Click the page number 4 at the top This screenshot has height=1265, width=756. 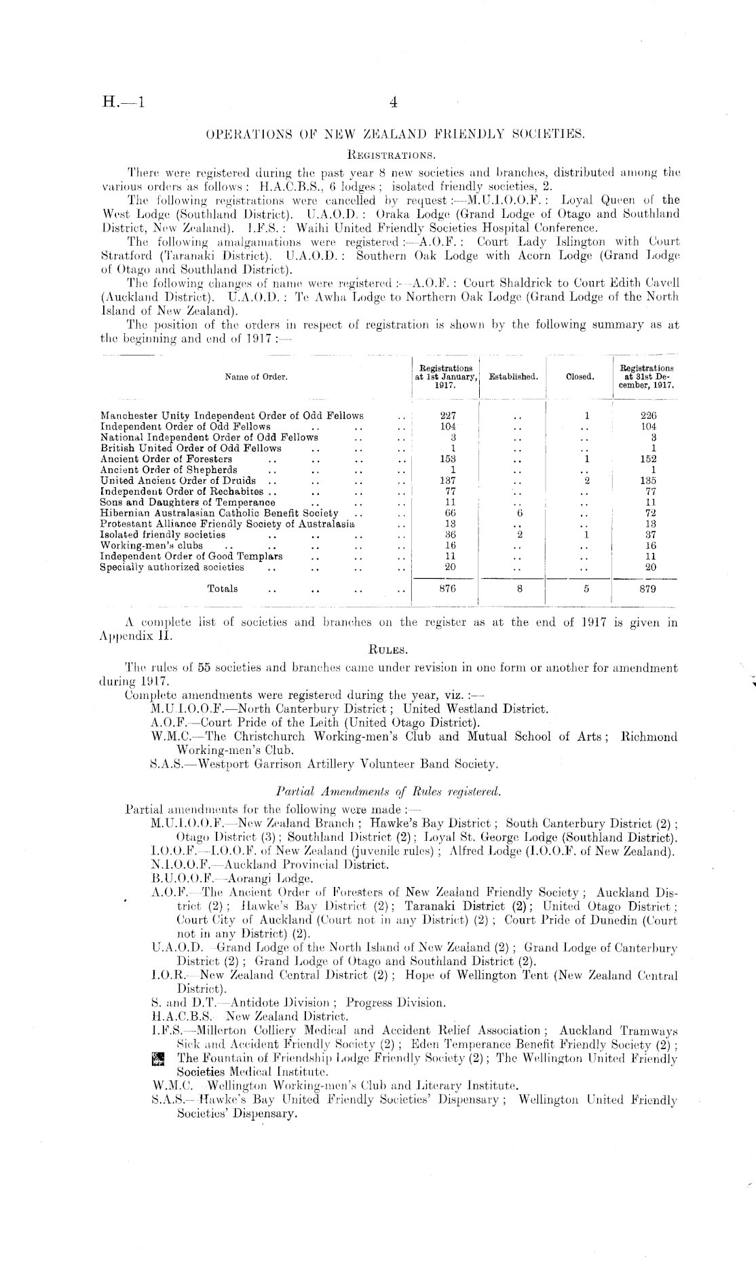pos(393,103)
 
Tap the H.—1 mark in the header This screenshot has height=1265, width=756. pos(123,103)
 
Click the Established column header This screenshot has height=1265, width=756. pos(513,376)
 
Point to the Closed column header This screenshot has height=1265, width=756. pos(580,376)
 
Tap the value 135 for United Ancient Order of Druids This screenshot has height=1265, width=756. pos(648,480)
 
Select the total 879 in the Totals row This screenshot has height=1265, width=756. pos(648,589)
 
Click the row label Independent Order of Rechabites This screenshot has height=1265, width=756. pos(181,491)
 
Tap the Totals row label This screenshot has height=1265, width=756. pos(223,589)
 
